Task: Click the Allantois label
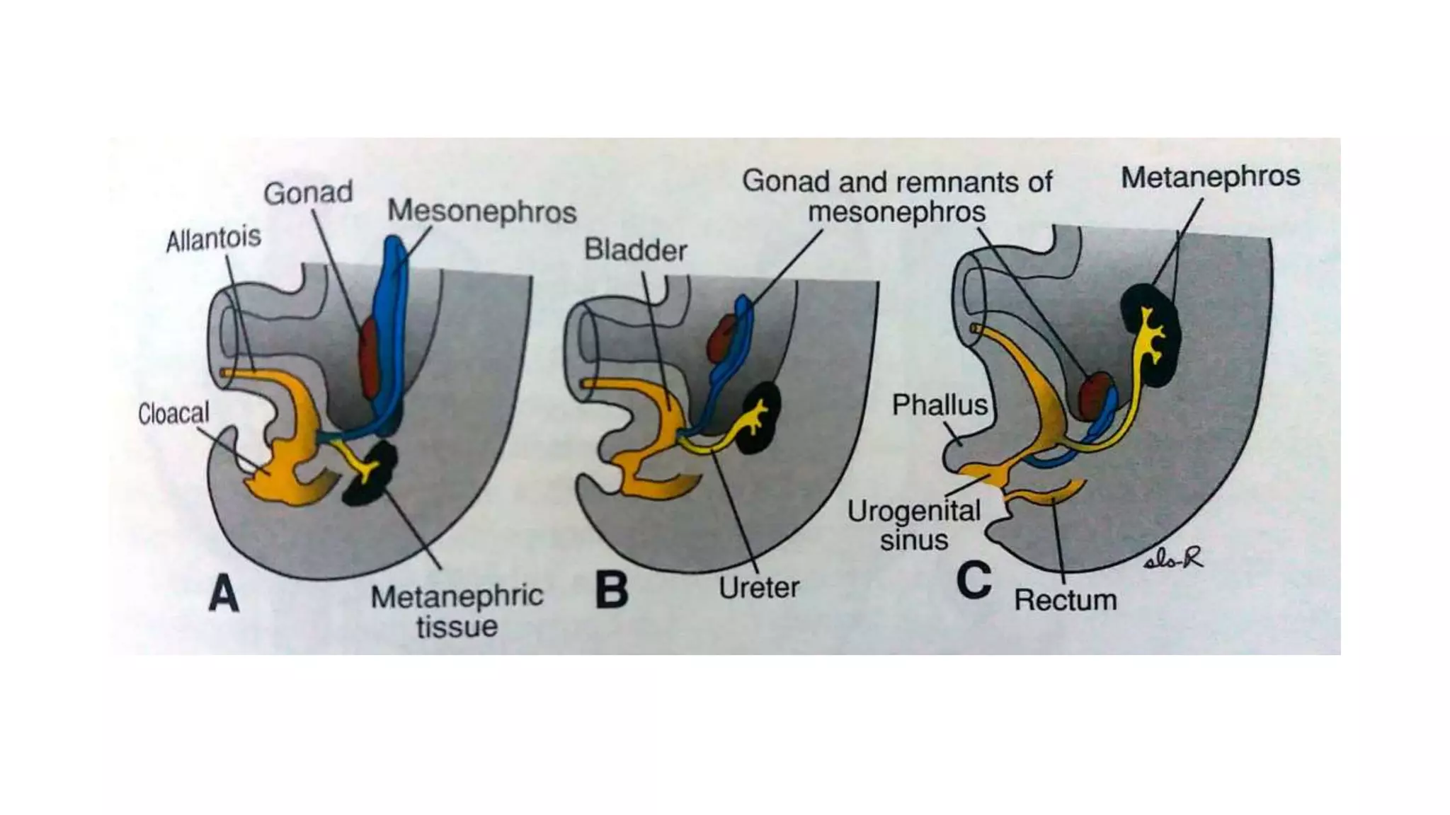coord(213,239)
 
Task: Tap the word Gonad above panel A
coord(307,192)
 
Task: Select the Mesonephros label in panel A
coord(481,211)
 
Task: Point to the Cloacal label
coord(173,413)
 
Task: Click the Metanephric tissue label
coord(457,611)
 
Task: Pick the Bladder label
coord(635,250)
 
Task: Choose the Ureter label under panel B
coord(758,587)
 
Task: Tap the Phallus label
coord(939,405)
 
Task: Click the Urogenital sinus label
coord(914,525)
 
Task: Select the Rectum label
coord(1065,600)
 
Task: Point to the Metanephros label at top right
coord(1210,177)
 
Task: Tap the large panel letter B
coord(612,590)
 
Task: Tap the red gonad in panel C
coord(1094,396)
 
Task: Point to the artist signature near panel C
coord(1173,560)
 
